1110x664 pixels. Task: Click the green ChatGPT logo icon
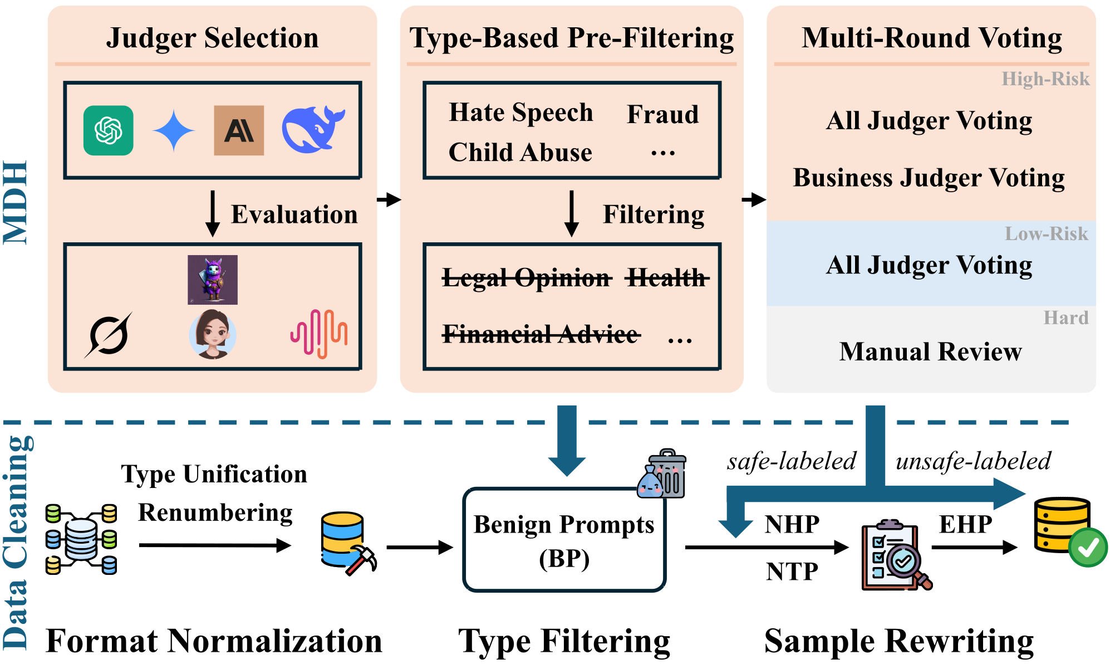[109, 130]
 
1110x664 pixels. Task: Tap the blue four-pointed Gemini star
[174, 131]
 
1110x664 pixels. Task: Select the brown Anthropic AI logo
[239, 130]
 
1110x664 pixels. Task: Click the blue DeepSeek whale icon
[313, 129]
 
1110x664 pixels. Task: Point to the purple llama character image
[213, 280]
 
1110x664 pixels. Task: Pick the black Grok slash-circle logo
[109, 335]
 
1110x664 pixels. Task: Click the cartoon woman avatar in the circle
[213, 334]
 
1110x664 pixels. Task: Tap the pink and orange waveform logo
[319, 334]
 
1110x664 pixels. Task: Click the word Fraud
[662, 114]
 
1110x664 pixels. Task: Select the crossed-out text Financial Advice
[540, 334]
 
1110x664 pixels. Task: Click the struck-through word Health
[666, 277]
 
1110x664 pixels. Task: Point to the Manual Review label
[930, 351]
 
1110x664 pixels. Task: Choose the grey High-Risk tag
[1045, 79]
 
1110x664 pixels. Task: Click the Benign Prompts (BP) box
[564, 540]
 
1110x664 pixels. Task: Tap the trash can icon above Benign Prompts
[664, 473]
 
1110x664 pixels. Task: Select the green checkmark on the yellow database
[1088, 548]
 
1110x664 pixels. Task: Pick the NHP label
[792, 524]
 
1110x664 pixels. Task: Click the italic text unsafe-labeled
[973, 461]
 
